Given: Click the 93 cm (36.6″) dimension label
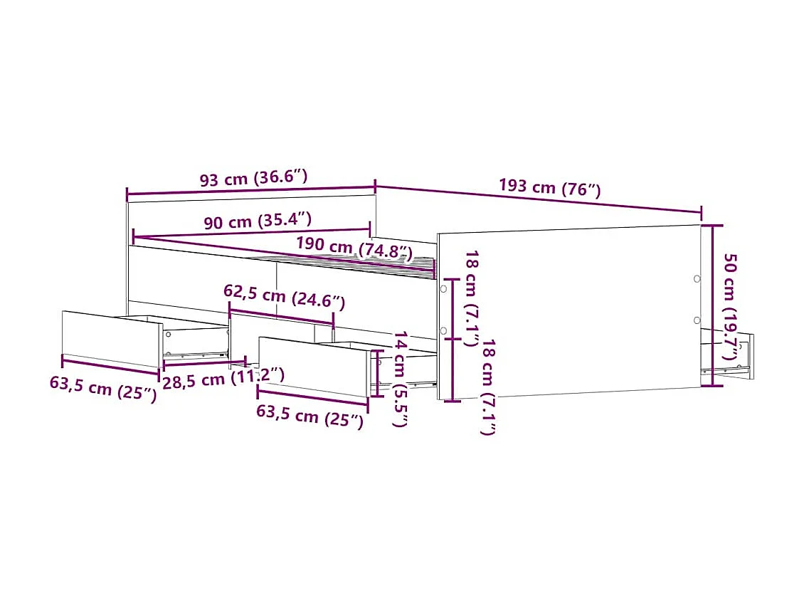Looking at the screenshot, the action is coord(253,178).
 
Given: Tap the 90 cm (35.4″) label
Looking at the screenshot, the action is coord(258,221).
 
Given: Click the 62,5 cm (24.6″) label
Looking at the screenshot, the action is coord(284,297).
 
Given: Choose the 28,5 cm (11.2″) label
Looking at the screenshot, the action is coord(223,378).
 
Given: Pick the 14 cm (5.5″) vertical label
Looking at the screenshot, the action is coord(401,379).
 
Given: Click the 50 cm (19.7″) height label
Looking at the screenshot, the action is coord(730,307).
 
